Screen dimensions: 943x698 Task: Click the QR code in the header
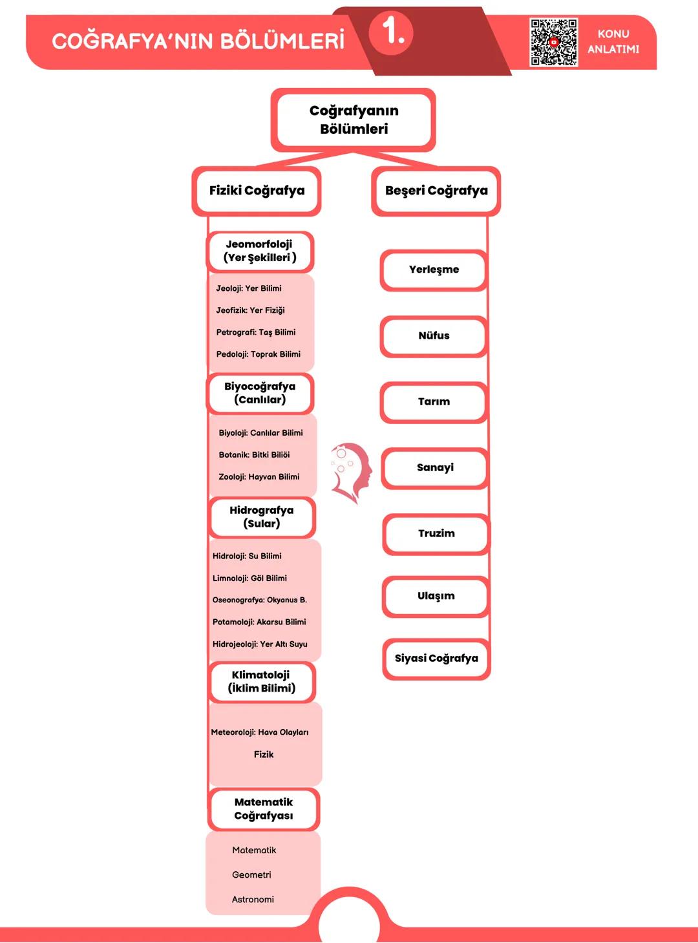coord(553,42)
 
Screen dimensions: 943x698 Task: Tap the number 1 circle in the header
coord(392,32)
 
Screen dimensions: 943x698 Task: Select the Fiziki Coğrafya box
coord(257,191)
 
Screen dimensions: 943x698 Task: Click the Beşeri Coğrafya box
coord(436,191)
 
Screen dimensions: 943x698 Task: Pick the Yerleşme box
coord(434,270)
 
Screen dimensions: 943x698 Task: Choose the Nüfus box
coord(434,336)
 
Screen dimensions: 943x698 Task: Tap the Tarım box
coord(434,402)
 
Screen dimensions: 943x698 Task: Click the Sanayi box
coord(435,468)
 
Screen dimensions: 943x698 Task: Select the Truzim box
coord(436,534)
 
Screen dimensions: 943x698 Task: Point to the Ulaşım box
coord(436,596)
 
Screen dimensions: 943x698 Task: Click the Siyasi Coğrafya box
coord(436,659)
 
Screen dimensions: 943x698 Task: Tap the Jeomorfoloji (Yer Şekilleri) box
coord(260,251)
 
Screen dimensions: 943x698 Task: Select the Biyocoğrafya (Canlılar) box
coord(260,394)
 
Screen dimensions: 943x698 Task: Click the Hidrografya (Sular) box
coord(262,517)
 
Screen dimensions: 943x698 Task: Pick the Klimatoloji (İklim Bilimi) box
coord(262,682)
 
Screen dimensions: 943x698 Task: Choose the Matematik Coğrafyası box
coord(264,809)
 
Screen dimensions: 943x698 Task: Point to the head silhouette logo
coord(352,472)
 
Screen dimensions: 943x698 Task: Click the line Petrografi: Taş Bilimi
coord(256,332)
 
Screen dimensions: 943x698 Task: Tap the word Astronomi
coord(253,900)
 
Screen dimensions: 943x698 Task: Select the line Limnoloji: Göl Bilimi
coord(249,578)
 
